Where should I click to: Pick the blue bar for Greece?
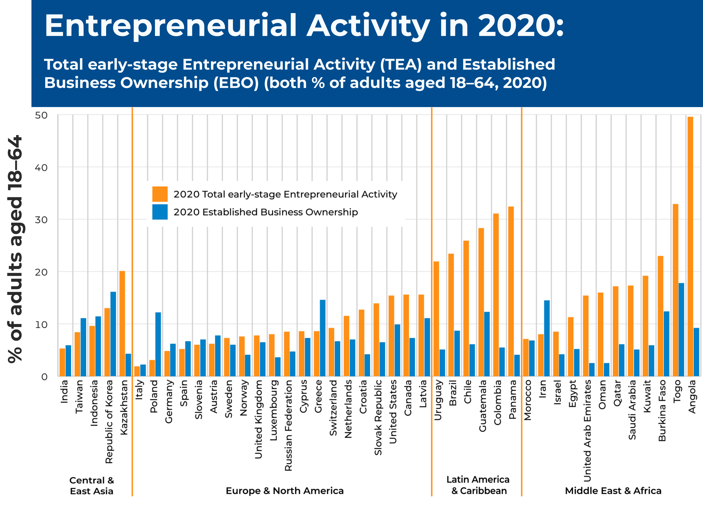(x=323, y=338)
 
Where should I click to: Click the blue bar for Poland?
(x=158, y=344)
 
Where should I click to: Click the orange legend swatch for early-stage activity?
(x=160, y=194)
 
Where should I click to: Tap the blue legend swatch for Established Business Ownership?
(x=160, y=212)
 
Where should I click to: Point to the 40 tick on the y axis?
(x=41, y=168)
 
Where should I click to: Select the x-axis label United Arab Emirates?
(x=587, y=430)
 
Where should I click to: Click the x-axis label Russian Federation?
(x=288, y=425)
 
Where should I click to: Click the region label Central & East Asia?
(x=92, y=485)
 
